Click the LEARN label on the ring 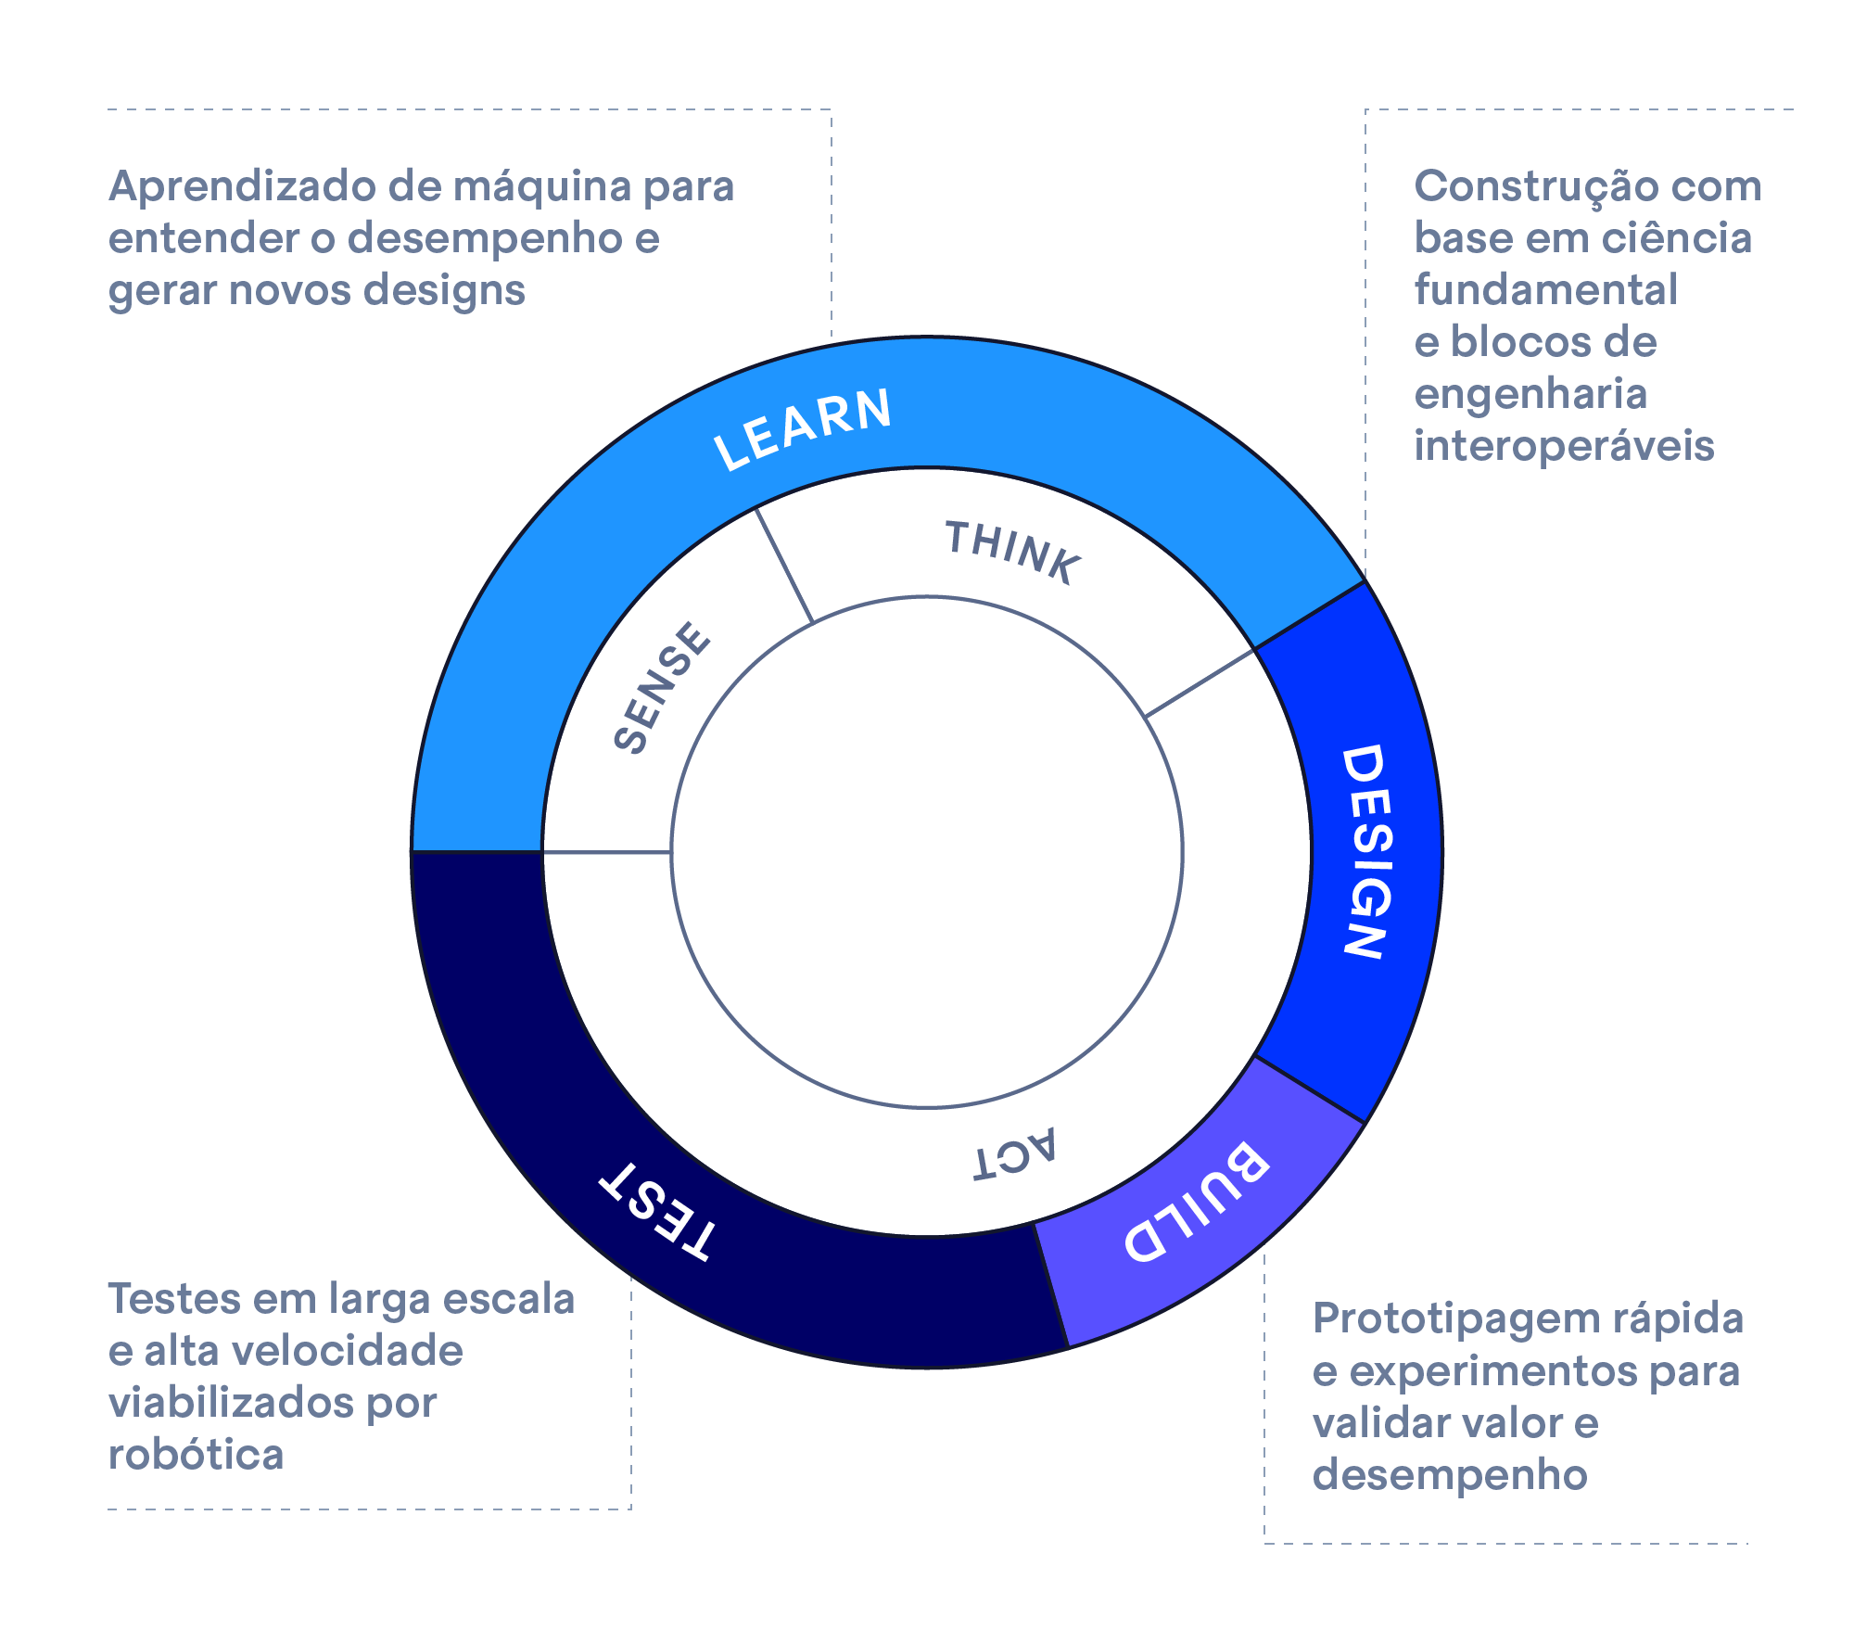click(803, 427)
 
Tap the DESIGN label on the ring click(1366, 850)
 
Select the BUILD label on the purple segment click(1196, 1202)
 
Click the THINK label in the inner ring click(1013, 552)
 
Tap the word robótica click(196, 1454)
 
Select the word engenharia click(1530, 394)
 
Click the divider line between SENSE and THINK click(784, 565)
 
